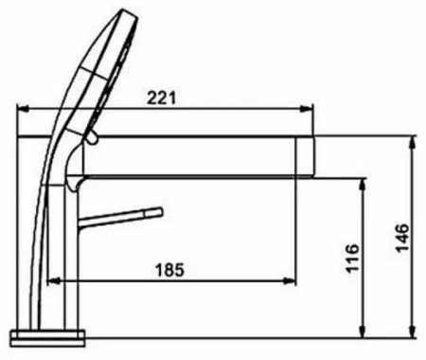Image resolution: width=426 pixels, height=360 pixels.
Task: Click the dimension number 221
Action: click(163, 97)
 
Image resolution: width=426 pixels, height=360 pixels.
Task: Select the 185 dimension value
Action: click(169, 269)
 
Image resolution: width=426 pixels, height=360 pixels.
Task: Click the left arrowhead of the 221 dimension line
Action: click(24, 108)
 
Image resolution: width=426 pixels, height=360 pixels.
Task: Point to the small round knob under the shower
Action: click(91, 139)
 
